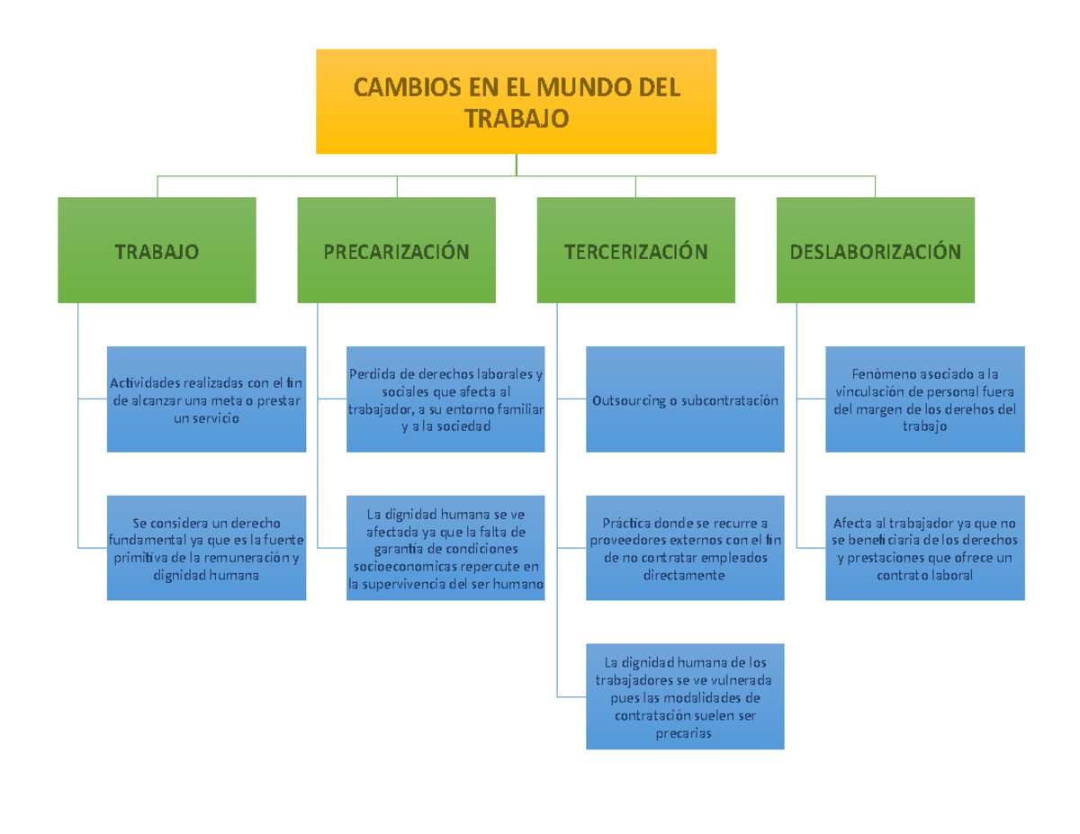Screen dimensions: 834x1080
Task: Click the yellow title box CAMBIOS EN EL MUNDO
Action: (516, 101)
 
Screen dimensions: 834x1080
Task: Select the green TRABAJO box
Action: (157, 250)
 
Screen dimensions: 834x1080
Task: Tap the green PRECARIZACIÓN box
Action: (396, 250)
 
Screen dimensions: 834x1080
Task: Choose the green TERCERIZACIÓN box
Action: (635, 250)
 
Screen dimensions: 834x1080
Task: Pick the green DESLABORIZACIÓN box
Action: (875, 250)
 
